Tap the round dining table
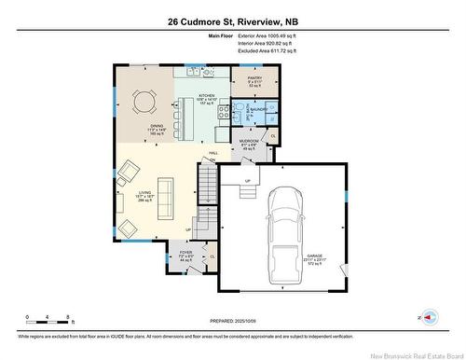[145, 99]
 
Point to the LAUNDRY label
[260, 109]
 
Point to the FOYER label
[185, 253]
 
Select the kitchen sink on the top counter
[193, 72]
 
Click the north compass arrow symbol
[427, 317]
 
